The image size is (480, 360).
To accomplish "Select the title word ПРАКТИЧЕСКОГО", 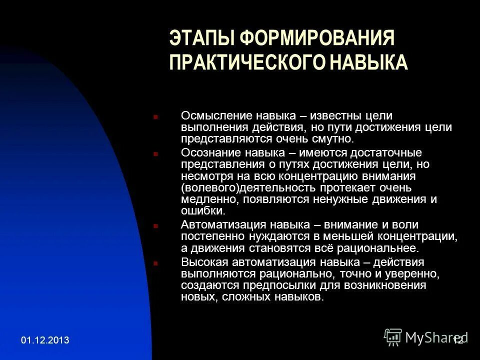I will (244, 63).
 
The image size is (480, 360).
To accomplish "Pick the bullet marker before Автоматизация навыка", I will (156, 226).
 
